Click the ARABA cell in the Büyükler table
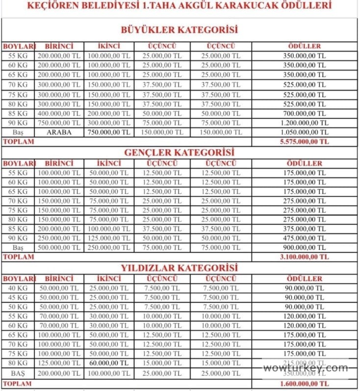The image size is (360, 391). [59, 132]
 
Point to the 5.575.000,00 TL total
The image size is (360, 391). [304, 141]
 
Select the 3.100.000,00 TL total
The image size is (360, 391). [304, 257]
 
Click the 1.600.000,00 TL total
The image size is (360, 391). [304, 383]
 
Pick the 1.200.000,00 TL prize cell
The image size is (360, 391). [304, 123]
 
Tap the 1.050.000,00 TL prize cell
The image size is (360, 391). [304, 132]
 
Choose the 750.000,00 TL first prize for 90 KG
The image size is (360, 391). [59, 123]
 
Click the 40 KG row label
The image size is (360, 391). [18, 288]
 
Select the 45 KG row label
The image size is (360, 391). [18, 297]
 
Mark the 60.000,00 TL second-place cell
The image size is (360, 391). [109, 363]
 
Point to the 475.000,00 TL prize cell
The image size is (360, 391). [304, 238]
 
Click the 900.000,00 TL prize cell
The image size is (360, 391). [304, 248]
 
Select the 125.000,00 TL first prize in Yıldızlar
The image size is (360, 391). [59, 363]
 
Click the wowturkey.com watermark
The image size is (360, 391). [305, 368]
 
